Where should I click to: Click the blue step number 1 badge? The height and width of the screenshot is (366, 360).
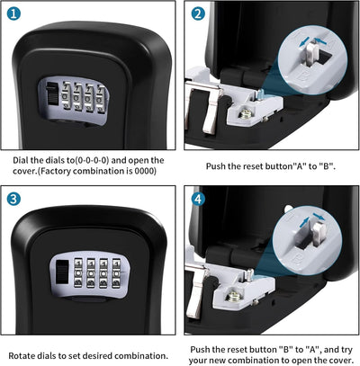click(x=13, y=14)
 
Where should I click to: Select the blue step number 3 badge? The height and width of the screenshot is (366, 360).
click(x=13, y=199)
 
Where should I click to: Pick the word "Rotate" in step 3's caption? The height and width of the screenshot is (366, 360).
click(x=26, y=353)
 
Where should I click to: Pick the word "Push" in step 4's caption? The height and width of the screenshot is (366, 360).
click(x=205, y=346)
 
